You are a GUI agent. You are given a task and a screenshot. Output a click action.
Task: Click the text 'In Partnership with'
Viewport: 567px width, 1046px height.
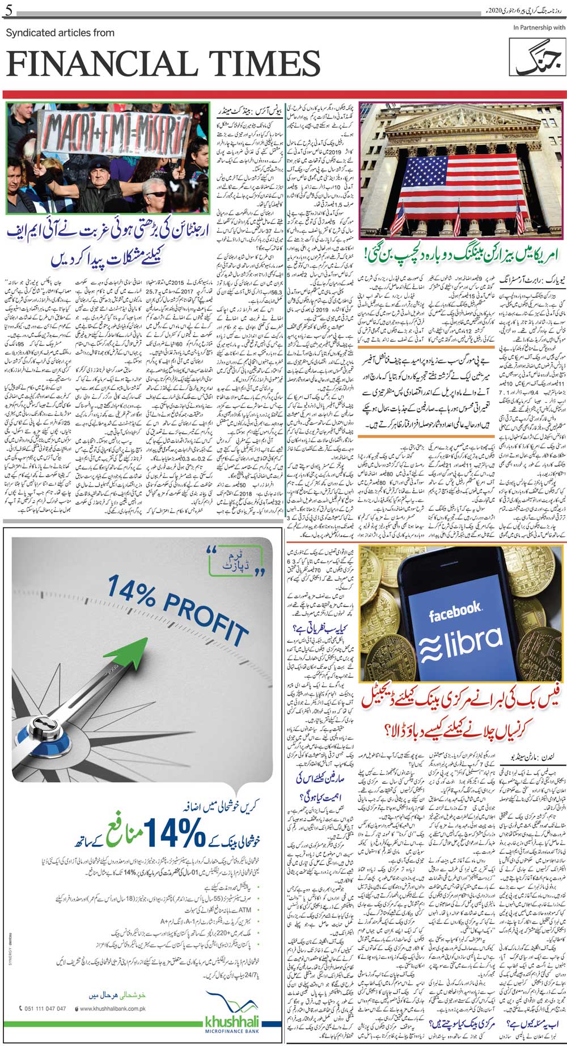[x=539, y=27]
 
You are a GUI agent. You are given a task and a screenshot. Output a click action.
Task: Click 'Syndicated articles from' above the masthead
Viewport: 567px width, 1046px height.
[x=60, y=33]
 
